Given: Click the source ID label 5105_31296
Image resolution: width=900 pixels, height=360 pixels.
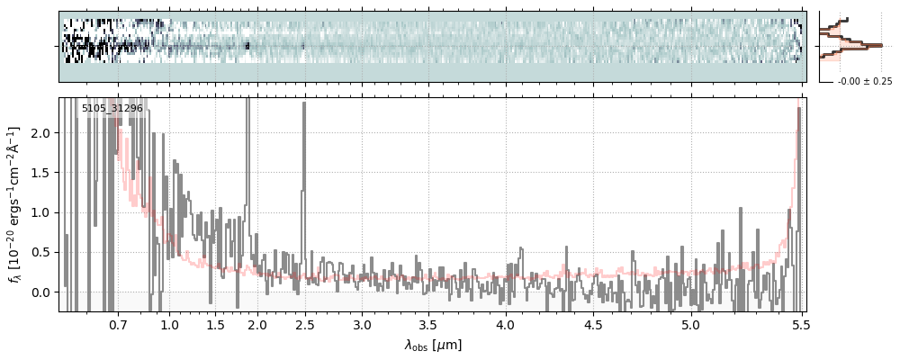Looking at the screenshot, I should (112, 109).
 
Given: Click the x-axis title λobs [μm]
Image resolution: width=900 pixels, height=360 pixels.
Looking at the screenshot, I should (432, 345).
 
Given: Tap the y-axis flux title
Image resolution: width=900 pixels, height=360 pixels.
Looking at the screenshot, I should (15, 204).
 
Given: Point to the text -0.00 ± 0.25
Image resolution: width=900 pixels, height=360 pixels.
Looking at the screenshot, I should (864, 82).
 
